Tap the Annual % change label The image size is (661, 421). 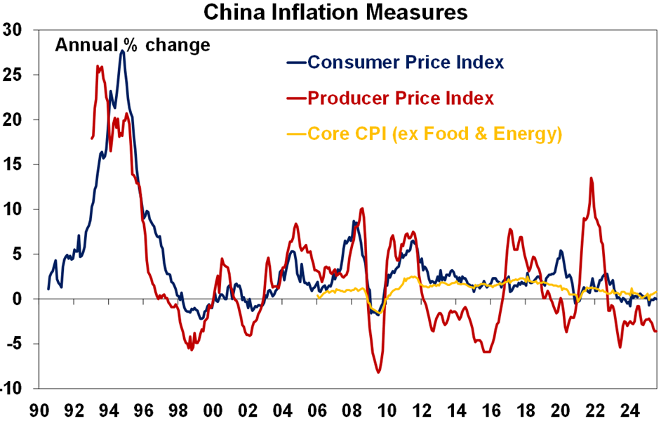pos(133,46)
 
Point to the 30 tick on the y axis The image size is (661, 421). pos(13,30)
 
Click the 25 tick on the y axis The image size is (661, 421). pos(13,75)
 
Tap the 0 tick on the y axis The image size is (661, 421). pos(18,299)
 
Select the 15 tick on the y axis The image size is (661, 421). pos(13,164)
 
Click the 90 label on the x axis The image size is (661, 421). pos(39,408)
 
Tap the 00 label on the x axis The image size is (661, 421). pos(213,408)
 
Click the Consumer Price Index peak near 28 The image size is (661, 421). pos(122,51)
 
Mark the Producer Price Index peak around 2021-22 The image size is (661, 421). pos(591,178)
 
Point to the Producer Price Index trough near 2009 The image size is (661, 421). pos(379,373)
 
